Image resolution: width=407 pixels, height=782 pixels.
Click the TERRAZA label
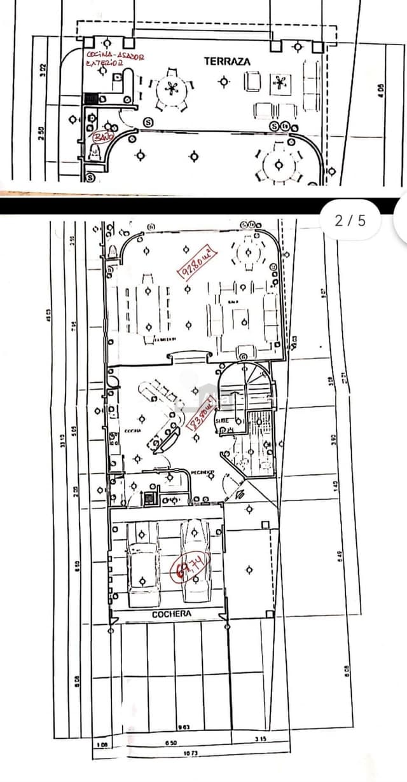(227, 61)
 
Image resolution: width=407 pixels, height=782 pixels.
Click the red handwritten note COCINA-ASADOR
(115, 56)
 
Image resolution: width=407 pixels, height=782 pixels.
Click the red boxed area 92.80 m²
(197, 263)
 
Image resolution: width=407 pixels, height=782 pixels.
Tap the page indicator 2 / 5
(350, 221)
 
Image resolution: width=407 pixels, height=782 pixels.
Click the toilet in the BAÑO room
(96, 152)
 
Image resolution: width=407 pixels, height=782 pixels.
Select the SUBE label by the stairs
(222, 420)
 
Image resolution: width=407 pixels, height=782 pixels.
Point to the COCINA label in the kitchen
(133, 430)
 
